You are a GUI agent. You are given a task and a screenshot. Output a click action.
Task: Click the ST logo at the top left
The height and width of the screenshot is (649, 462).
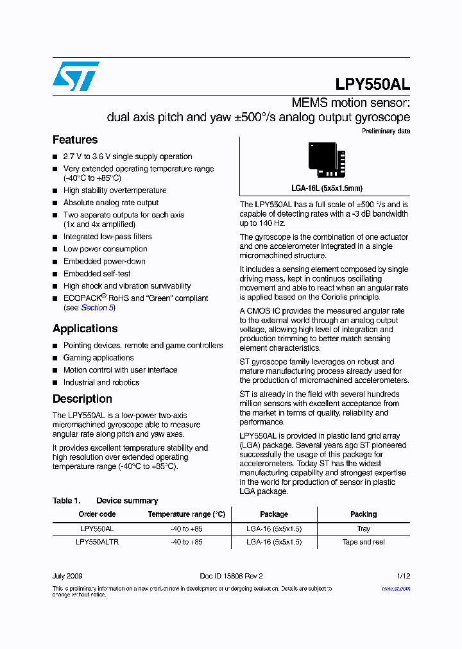coord(76,76)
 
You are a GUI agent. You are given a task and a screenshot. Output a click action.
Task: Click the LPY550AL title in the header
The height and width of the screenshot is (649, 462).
coord(372,85)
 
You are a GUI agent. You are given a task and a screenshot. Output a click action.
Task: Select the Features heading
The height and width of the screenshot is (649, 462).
coord(75,140)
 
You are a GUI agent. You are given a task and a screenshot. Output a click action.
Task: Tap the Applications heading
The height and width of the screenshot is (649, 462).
coord(85,328)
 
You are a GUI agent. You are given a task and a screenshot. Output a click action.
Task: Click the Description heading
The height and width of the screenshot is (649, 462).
coord(82,399)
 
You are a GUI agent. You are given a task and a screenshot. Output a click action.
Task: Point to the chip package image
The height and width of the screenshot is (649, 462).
coord(327,160)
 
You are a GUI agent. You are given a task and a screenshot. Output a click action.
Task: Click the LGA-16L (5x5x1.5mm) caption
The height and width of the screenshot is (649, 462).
coord(327,189)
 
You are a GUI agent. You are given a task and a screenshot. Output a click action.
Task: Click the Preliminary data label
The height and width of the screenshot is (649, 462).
coord(386,131)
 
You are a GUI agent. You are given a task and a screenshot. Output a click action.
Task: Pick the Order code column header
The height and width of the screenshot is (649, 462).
coord(97,514)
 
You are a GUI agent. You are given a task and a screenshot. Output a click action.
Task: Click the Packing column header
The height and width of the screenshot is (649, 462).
coord(363,514)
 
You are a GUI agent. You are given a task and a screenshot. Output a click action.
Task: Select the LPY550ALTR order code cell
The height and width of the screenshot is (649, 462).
coord(97,542)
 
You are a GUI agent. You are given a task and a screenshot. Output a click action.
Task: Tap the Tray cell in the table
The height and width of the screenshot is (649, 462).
coord(363,529)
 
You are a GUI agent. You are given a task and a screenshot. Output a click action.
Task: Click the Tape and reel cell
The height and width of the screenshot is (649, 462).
coord(363,542)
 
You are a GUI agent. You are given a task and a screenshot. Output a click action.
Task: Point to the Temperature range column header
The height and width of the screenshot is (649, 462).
coord(186,514)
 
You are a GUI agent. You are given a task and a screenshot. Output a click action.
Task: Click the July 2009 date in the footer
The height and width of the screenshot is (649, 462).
coord(67,576)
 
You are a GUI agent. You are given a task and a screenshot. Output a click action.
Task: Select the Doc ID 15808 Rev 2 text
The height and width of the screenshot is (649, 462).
coord(231,576)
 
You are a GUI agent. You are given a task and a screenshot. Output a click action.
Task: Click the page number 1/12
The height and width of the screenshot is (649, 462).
coord(403,576)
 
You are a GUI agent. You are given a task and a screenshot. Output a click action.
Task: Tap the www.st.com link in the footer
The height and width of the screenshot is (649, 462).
coord(395,589)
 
